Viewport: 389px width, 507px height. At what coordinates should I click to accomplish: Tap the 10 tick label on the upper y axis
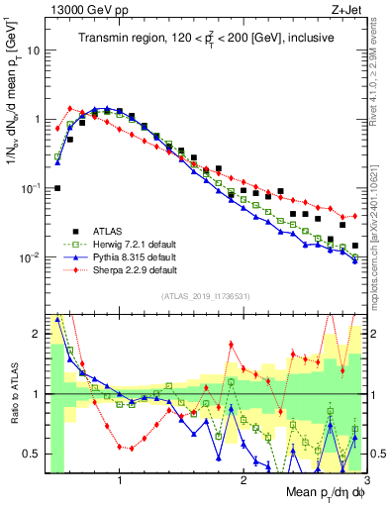click(x=35, y=50)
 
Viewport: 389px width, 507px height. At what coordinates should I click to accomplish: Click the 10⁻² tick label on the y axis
click(x=32, y=257)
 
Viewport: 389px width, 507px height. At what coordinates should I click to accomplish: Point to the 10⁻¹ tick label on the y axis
click(x=32, y=188)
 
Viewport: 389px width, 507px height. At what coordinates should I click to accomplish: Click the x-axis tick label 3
click(x=366, y=482)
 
